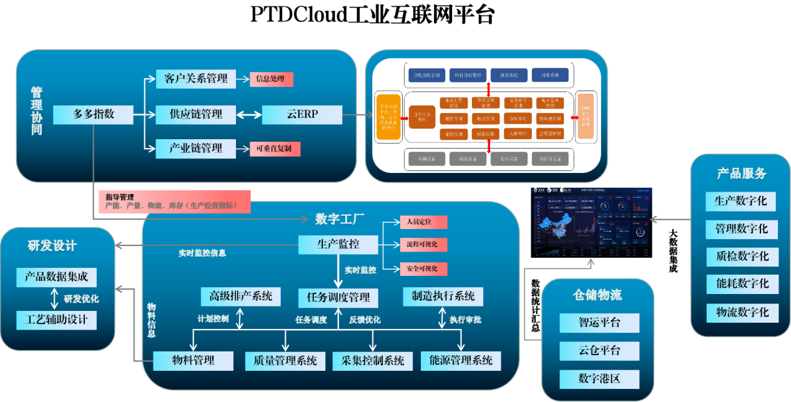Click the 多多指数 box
coord(93,115)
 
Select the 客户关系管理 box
coord(196,79)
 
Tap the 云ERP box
coord(302,115)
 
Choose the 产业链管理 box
coord(196,149)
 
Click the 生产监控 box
coord(338,245)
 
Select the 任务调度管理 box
coord(338,298)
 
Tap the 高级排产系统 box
coord(240,296)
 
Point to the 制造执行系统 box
coord(443,296)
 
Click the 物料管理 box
coord(193,361)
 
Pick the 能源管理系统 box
coord(461,361)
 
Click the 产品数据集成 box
coord(57,277)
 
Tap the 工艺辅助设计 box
coord(57,321)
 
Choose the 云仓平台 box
coord(599,351)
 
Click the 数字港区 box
coord(599,379)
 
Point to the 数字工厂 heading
coord(340,219)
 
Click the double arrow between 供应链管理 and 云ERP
coord(249,115)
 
